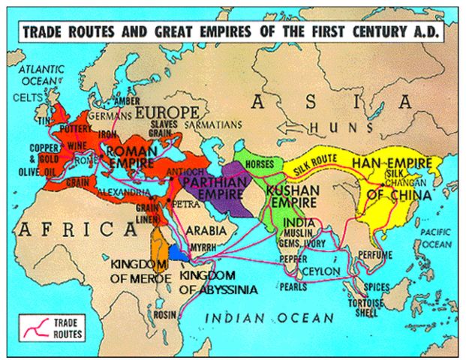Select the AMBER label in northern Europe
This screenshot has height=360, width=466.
[126, 102]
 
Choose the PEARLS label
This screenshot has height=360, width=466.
[293, 287]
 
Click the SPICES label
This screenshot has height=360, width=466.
[376, 286]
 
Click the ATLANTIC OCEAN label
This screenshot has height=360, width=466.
[42, 76]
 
